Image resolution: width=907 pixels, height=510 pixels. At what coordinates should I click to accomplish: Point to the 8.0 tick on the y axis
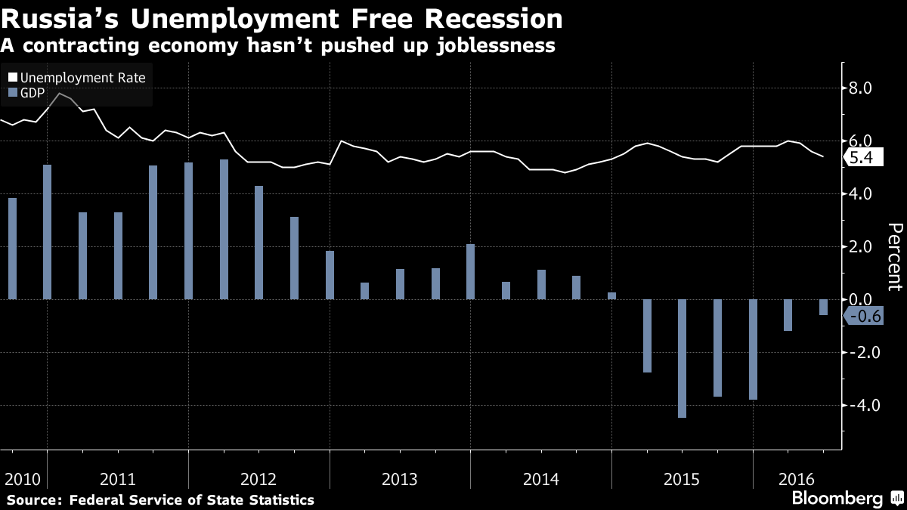(x=862, y=88)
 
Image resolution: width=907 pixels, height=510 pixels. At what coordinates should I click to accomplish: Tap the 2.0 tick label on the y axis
(x=862, y=247)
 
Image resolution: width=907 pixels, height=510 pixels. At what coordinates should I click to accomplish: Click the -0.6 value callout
(x=862, y=317)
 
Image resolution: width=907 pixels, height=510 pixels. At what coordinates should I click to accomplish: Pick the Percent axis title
(x=895, y=257)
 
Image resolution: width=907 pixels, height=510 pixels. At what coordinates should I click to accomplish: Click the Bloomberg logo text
(x=837, y=499)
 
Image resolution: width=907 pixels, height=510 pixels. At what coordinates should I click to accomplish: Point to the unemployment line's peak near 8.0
(x=60, y=94)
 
